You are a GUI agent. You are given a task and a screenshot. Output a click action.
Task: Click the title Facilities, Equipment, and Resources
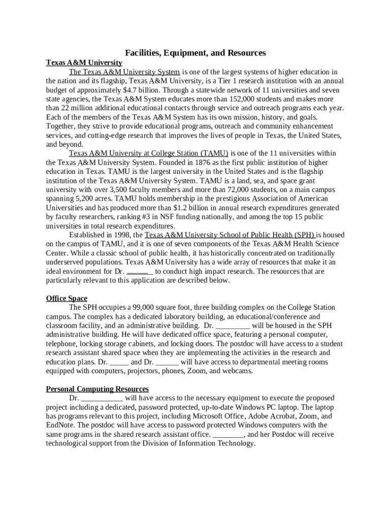195,53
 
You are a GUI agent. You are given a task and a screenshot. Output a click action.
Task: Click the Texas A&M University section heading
84,62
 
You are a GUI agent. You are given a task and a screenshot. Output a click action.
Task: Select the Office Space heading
67,298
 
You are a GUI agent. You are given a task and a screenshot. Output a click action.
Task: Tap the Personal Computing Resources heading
97,389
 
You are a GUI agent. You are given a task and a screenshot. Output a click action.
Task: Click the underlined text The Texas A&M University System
124,72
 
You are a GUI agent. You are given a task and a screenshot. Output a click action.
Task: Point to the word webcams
238,371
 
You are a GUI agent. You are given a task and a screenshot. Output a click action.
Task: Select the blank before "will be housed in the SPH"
233,326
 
